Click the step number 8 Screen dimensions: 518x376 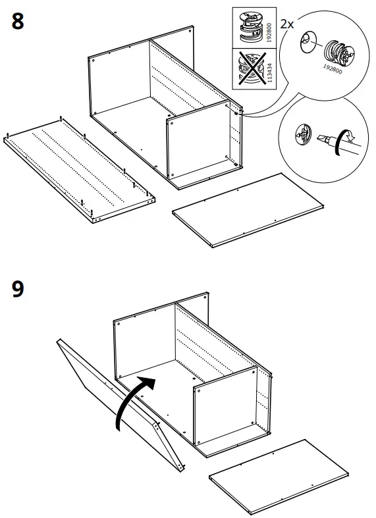18,22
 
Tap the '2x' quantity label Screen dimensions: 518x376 287,24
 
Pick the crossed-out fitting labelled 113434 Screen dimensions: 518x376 249,68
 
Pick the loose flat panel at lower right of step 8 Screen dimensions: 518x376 248,210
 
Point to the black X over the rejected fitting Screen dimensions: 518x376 249,68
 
